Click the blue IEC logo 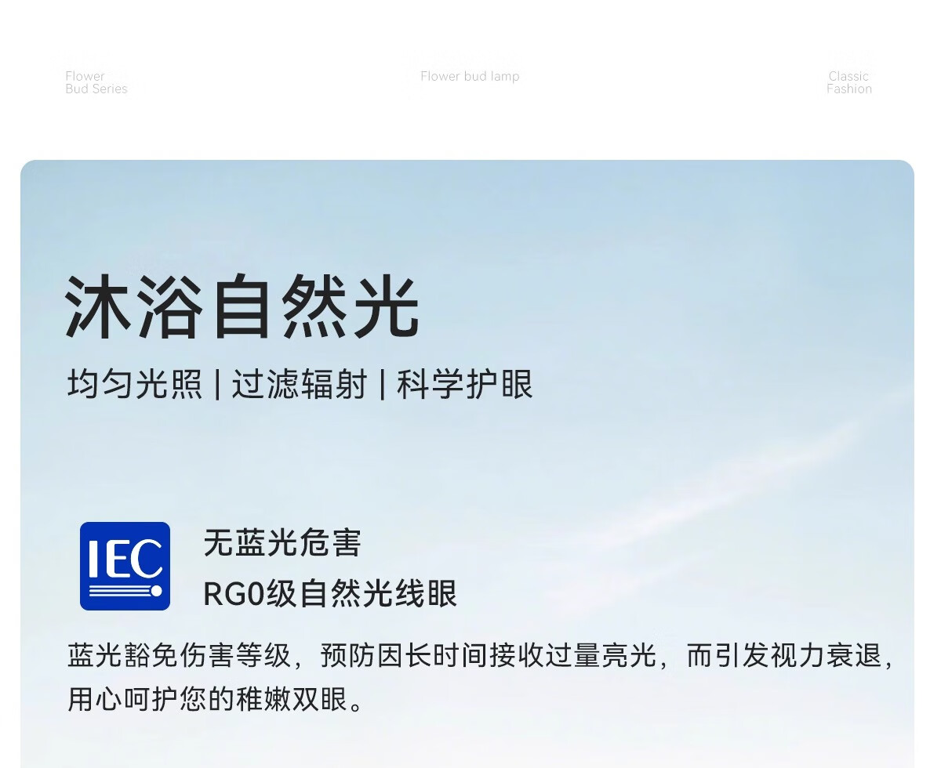tap(125, 566)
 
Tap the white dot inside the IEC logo tap(156, 591)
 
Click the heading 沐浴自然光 tap(242, 307)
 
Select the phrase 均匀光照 tap(135, 383)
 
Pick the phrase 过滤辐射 tap(300, 383)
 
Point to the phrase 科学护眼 tap(465, 383)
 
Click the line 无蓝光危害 tap(282, 542)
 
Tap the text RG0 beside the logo tap(234, 594)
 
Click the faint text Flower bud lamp tap(470, 77)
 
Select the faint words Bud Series tap(96, 89)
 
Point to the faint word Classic tap(848, 76)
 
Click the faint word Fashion tap(849, 89)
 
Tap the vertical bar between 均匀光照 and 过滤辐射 tap(217, 384)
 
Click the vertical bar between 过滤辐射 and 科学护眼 tap(383, 384)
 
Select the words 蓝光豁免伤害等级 tap(179, 655)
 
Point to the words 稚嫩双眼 tap(292, 699)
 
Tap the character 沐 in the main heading tap(97, 307)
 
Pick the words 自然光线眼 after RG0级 tap(379, 594)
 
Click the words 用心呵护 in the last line tap(123, 699)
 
